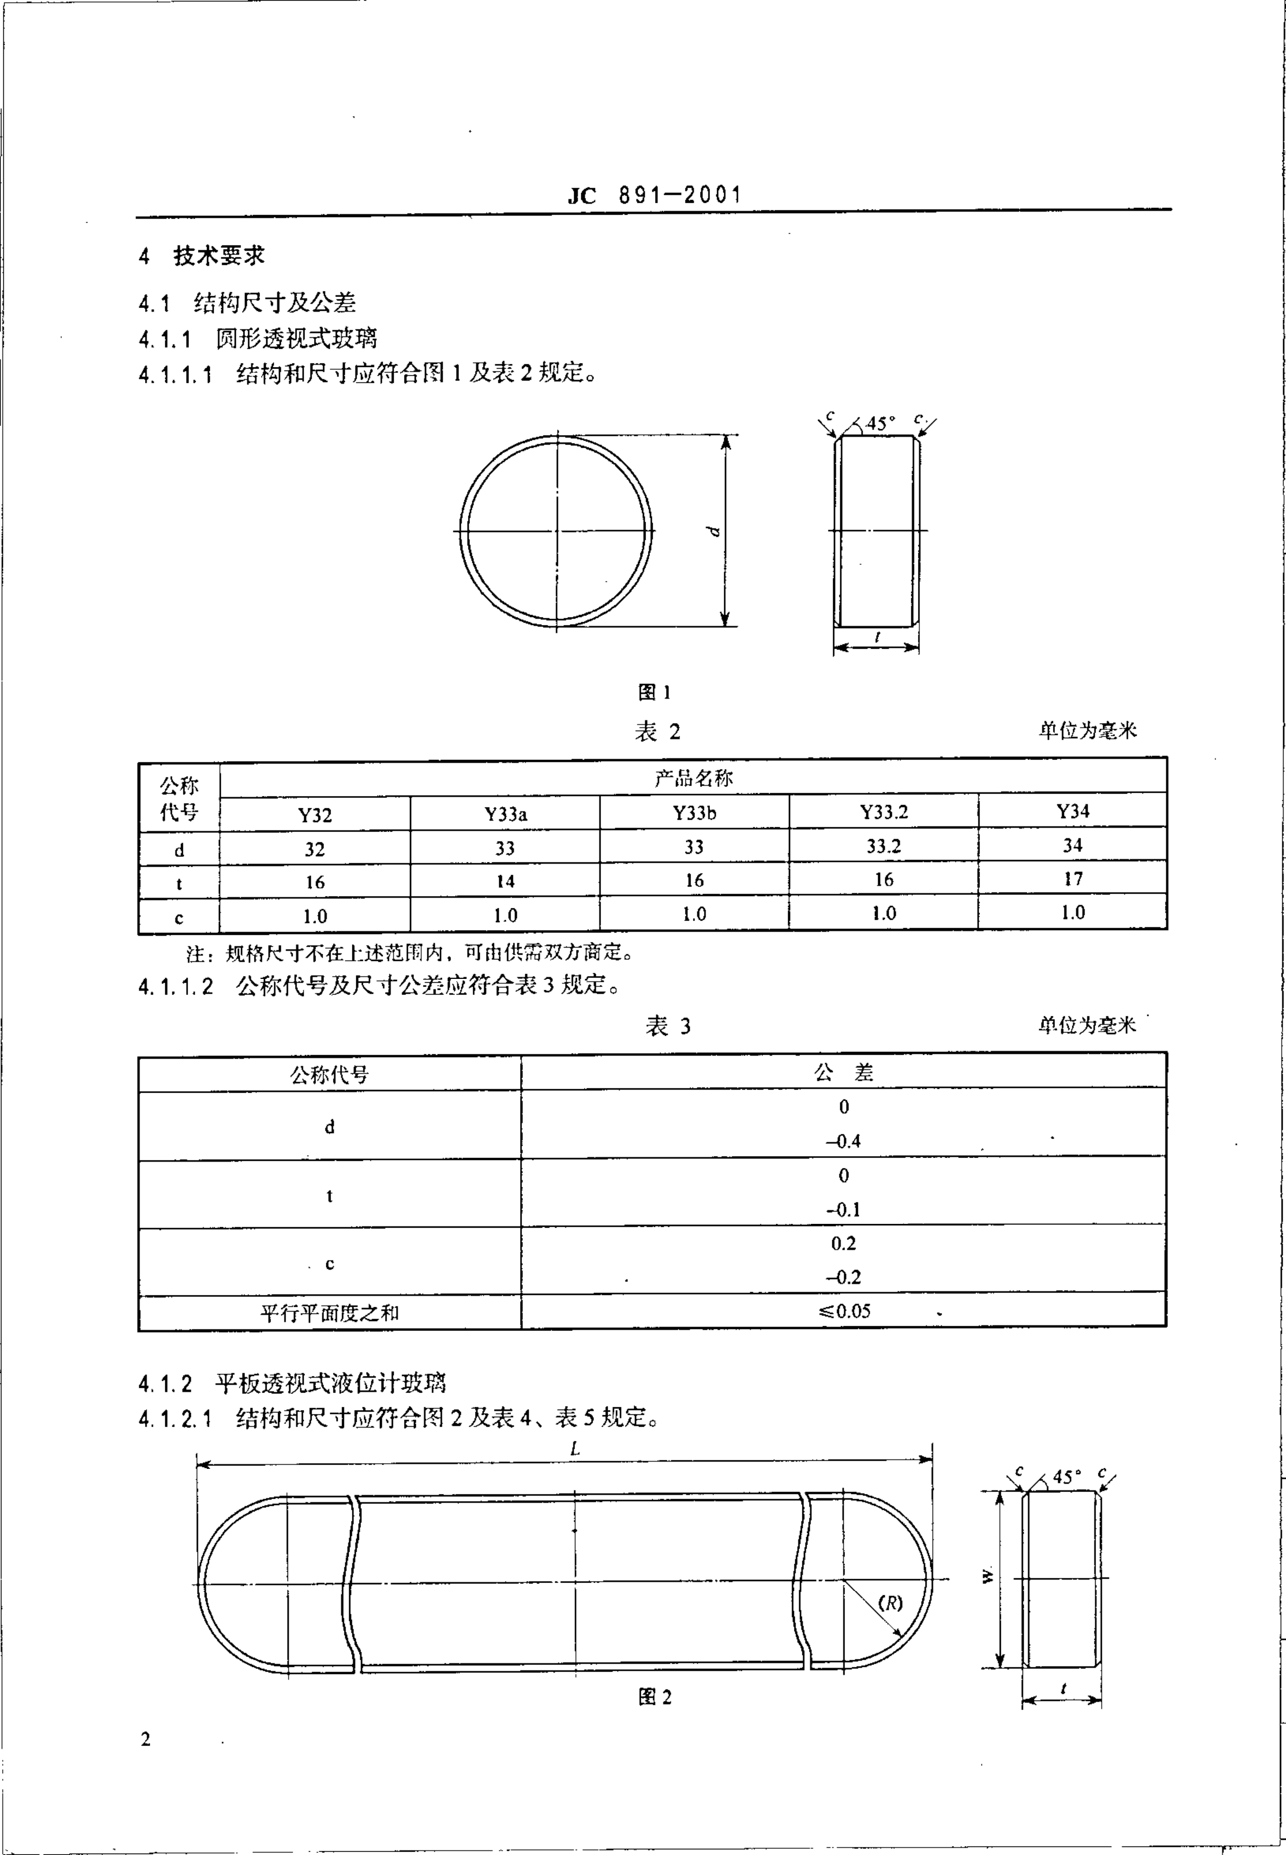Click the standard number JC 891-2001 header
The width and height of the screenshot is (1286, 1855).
(x=654, y=195)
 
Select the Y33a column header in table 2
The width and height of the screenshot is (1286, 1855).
(x=505, y=814)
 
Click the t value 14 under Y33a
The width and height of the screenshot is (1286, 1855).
(x=505, y=881)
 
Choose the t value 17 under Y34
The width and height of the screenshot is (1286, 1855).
(x=1072, y=878)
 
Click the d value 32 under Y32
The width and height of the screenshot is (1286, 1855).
(x=314, y=850)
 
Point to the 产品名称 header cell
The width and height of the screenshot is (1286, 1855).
(x=693, y=778)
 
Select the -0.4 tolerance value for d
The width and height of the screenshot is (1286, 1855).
(x=843, y=1141)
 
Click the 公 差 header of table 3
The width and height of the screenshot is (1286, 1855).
(x=843, y=1073)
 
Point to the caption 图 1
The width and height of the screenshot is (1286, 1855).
(x=654, y=692)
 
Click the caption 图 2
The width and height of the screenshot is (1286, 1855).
(x=654, y=1697)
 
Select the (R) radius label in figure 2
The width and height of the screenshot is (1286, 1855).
(x=890, y=1603)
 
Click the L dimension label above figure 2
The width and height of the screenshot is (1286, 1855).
(x=575, y=1448)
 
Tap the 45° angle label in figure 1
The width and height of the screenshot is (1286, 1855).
(x=880, y=423)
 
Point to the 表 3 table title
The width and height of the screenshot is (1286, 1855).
(x=668, y=1026)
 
